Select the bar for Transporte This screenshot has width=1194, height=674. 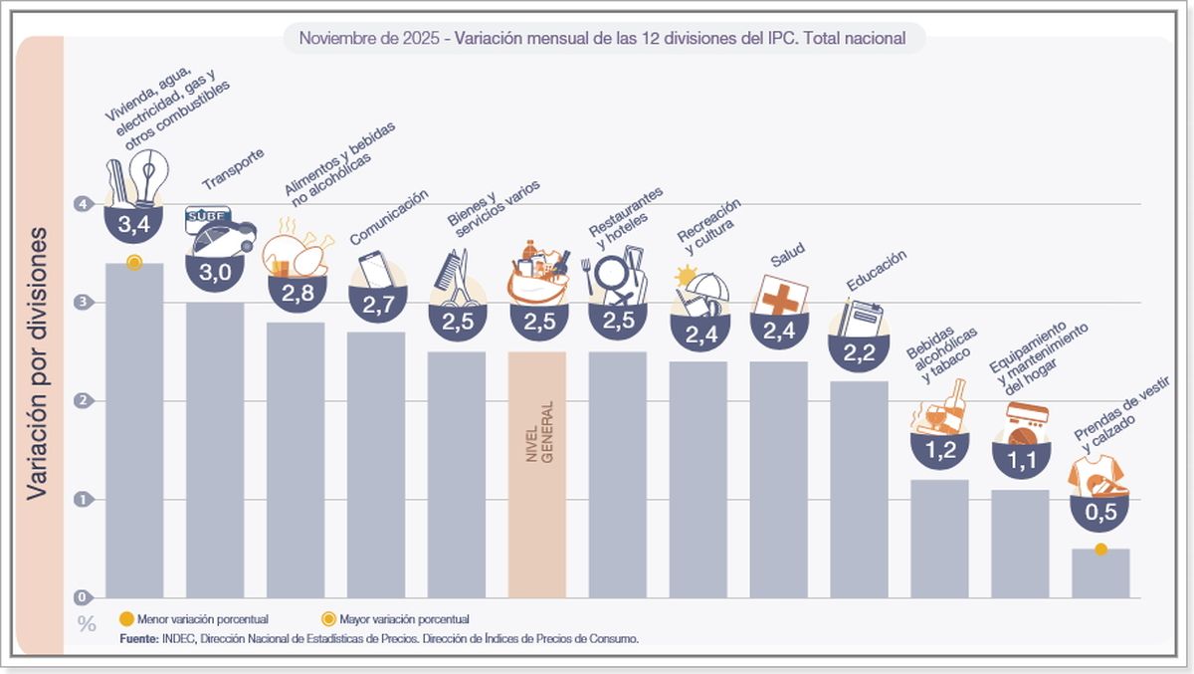coord(215,448)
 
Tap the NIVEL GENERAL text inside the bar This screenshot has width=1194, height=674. coord(538,430)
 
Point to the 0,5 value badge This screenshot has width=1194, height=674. coord(1099,513)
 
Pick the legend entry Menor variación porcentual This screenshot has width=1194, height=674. coord(193,618)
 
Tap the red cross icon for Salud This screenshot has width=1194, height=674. coord(780,296)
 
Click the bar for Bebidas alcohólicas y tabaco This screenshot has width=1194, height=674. coord(939,538)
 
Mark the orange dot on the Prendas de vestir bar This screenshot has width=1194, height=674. coord(1100,550)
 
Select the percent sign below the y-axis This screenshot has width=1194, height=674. coord(87,625)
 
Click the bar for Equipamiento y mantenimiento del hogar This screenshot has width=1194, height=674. coord(1020,543)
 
